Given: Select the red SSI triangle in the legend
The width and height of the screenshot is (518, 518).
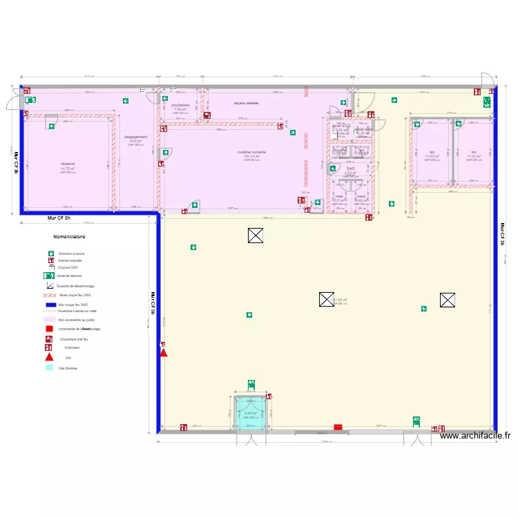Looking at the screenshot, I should (x=49, y=357).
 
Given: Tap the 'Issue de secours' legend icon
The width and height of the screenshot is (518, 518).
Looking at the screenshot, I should (x=49, y=275).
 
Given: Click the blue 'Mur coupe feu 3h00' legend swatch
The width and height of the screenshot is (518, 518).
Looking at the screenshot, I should (x=49, y=304).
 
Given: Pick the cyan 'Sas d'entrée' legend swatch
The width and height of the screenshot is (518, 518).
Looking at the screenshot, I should (x=49, y=367).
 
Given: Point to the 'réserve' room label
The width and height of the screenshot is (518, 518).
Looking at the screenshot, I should (x=67, y=164).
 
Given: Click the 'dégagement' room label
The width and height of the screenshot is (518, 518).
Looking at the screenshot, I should (x=135, y=137).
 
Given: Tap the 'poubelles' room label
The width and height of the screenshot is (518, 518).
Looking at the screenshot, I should (x=180, y=105).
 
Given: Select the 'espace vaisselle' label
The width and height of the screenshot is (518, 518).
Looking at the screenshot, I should (x=246, y=103).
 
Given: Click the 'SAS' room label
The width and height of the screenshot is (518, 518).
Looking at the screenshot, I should (x=350, y=169).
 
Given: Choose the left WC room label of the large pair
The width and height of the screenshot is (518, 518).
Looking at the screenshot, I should (x=432, y=152).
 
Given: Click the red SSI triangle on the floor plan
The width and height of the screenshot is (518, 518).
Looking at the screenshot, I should (x=164, y=352).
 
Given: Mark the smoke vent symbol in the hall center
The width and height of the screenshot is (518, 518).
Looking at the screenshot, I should (x=326, y=299).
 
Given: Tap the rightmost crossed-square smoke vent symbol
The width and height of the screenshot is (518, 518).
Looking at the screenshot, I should (x=447, y=300).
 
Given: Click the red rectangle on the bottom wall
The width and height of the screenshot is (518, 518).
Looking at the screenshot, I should (x=338, y=428).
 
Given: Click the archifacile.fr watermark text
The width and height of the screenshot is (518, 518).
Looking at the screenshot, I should (x=474, y=436).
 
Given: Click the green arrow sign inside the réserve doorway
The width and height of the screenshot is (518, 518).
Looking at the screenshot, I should (x=52, y=126).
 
